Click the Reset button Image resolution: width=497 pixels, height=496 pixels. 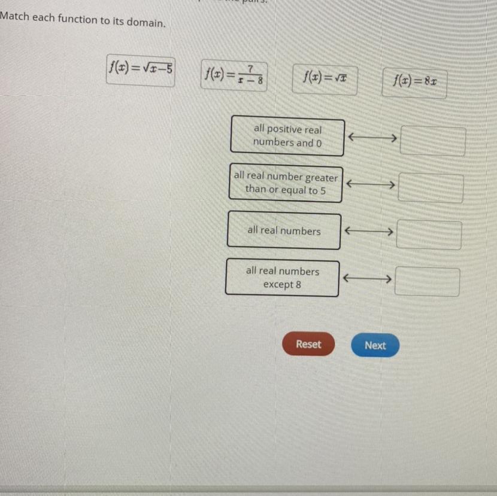tap(308, 345)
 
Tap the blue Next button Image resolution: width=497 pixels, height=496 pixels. tap(375, 346)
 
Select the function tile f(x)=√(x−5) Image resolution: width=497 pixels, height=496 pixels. tap(141, 70)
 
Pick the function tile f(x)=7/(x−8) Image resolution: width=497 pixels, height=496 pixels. tap(234, 75)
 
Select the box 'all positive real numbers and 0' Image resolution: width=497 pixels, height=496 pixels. tap(287, 136)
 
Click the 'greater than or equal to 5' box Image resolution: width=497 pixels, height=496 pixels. tap(286, 184)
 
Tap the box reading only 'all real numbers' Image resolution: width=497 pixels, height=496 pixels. tap(284, 231)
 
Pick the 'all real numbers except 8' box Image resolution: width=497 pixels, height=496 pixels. tap(282, 278)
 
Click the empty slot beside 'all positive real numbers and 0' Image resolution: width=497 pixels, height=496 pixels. tap(432, 141)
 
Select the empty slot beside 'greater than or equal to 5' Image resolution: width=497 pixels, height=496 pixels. tap(431, 188)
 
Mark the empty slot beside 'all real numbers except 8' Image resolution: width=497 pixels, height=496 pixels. tap(427, 282)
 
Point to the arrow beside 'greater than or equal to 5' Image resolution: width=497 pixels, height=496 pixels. tap(370, 184)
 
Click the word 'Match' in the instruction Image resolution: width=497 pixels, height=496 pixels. tap(14, 17)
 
